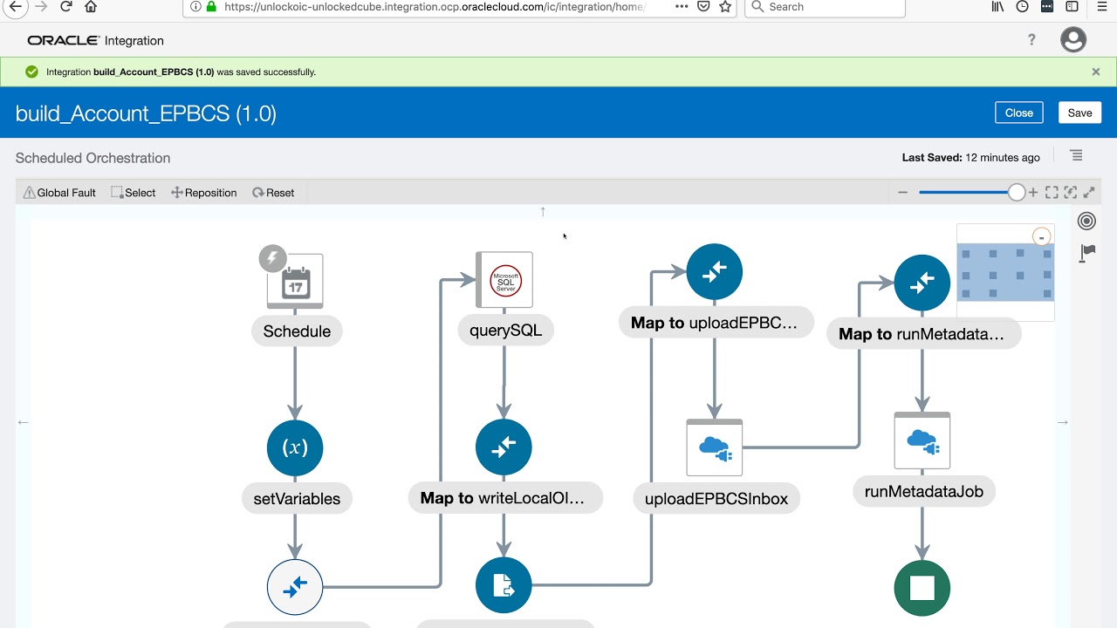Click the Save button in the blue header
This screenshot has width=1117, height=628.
pos(1079,113)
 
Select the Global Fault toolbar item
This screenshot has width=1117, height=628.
pos(59,193)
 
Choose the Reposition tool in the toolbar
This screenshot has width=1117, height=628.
pos(204,193)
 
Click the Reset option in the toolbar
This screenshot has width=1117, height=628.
pos(273,193)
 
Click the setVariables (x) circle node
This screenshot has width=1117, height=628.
pos(295,447)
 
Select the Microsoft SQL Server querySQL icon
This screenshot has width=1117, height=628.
pos(504,280)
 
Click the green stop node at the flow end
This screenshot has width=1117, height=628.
pos(922,588)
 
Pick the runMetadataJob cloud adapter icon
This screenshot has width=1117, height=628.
pos(922,440)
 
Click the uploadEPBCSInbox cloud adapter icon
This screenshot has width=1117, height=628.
pos(714,447)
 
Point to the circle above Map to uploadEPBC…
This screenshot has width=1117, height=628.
pos(714,271)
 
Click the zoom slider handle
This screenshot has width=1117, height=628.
pos(1016,193)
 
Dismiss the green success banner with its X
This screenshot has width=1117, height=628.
pos(1095,72)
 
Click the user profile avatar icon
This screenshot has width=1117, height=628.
pos(1073,40)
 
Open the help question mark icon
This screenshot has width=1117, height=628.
pos(1031,40)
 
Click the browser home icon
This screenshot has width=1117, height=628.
pos(90,6)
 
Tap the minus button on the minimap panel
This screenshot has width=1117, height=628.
pos(1041,237)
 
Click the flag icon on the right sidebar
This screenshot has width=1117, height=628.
pos(1086,253)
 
